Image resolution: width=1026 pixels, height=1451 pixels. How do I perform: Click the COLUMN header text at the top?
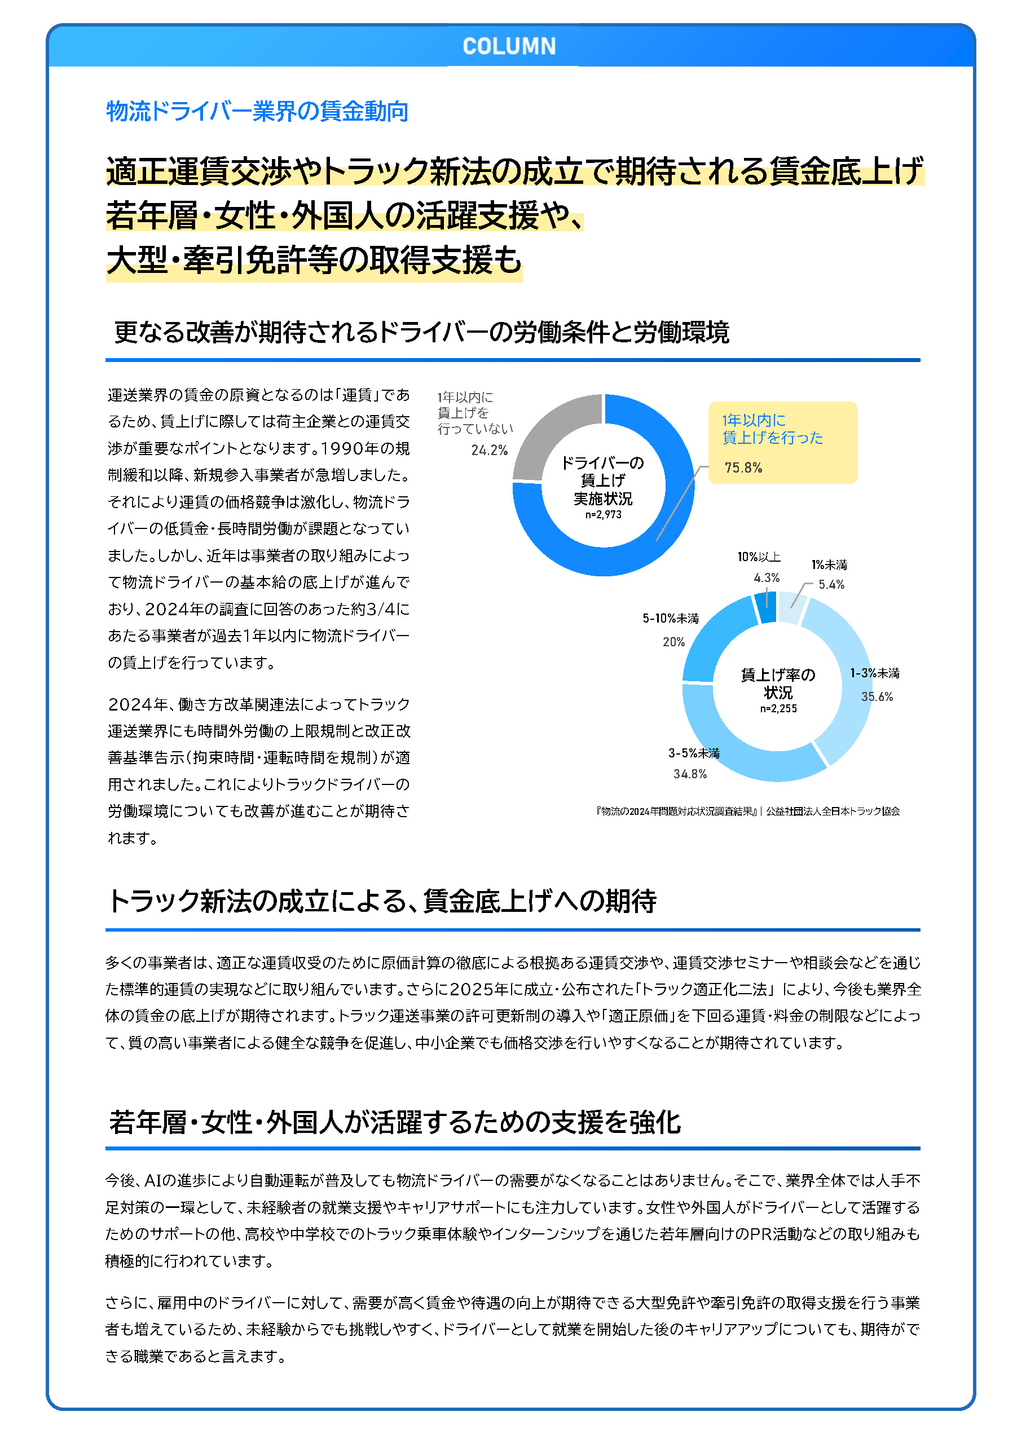point(509,46)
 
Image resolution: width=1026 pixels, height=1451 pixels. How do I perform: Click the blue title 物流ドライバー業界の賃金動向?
point(257,111)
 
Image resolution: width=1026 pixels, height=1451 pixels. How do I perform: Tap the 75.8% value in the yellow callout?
point(743,468)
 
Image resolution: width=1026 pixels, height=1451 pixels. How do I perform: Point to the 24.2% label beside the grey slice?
point(488,450)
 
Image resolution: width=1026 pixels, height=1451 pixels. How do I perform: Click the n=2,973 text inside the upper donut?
point(603,514)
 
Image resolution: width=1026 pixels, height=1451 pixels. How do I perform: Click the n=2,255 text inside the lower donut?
point(778,708)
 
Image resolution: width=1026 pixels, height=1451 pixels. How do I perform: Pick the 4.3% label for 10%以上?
point(766,577)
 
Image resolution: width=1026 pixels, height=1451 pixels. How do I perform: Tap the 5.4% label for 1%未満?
point(831,585)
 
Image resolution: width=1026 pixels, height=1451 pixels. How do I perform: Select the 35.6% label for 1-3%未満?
point(877,696)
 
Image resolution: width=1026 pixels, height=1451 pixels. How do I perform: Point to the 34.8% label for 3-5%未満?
point(690,774)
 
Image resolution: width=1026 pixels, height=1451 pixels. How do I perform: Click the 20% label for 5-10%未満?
point(673,642)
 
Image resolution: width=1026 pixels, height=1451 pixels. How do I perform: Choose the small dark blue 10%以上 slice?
point(765,608)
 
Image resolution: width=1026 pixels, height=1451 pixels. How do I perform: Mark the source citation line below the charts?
point(747,811)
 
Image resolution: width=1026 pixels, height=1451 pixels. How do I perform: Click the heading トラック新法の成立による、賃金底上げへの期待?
point(382,901)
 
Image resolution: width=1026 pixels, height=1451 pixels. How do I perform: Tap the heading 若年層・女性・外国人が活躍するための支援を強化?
point(394,1122)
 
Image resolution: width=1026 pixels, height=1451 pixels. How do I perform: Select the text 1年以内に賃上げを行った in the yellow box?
point(773,429)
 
